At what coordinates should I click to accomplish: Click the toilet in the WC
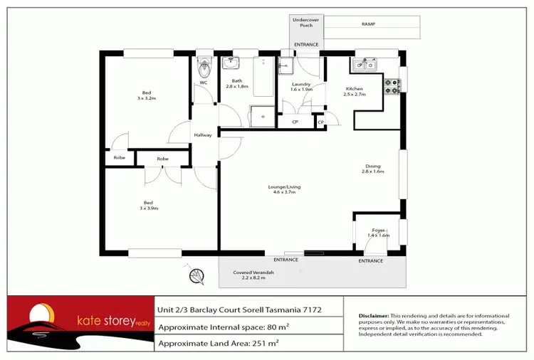click(x=204, y=68)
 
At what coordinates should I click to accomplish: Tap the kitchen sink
click(x=365, y=66)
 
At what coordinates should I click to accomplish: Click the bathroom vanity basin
click(x=231, y=64)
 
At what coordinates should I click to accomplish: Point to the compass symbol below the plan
click(x=193, y=275)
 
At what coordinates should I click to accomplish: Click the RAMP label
click(x=367, y=23)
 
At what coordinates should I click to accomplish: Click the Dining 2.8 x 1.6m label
click(x=372, y=169)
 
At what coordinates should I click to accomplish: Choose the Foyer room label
click(x=379, y=232)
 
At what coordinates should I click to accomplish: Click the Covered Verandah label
click(x=253, y=275)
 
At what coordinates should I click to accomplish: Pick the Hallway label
click(x=203, y=135)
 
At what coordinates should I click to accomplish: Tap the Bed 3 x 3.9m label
click(x=147, y=205)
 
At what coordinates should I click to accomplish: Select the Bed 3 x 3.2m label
click(x=146, y=95)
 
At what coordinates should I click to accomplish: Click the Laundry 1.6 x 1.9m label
click(x=301, y=87)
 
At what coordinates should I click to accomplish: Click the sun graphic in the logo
click(x=41, y=314)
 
